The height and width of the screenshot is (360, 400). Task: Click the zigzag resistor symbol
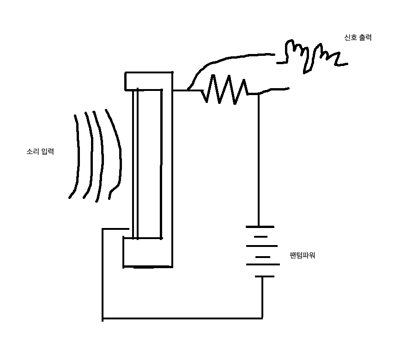pos(225,90)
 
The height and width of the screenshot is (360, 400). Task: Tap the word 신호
pos(351,38)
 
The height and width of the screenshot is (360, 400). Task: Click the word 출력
pos(365,38)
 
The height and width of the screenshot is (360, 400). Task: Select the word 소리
pos(33,151)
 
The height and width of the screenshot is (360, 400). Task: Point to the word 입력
pos(47,151)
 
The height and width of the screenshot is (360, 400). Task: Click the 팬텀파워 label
pos(302,255)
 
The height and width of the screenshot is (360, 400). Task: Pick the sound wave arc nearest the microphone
pos(115,152)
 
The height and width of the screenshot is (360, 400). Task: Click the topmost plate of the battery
pos(260,227)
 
